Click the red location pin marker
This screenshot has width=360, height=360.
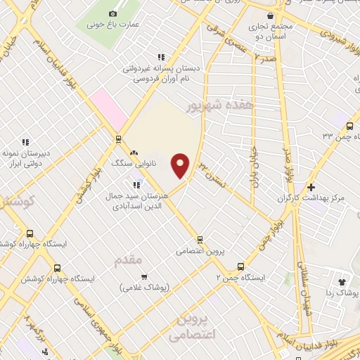coord(181,165)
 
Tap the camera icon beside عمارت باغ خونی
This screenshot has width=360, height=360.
coord(112,14)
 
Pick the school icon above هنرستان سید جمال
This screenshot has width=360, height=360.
coord(136,186)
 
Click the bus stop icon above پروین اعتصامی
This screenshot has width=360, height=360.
coord(200,239)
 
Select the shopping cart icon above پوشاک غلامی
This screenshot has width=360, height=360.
coord(144,276)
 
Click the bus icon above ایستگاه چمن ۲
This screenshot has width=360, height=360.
coord(240,266)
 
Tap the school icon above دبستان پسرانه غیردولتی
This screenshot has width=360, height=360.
coord(161,57)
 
